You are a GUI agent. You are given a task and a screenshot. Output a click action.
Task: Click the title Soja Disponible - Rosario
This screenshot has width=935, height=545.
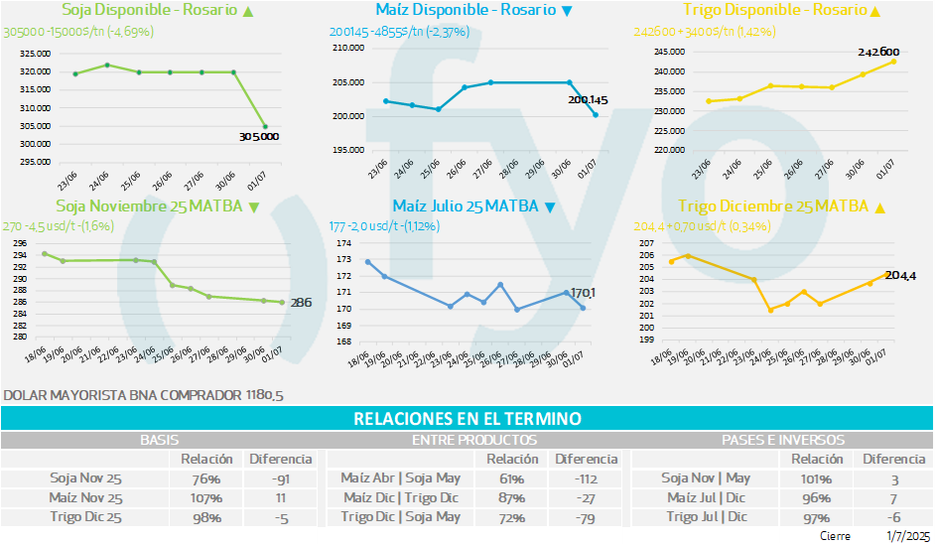click(149, 10)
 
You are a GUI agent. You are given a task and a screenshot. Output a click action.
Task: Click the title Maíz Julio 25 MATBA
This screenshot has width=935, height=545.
click(465, 206)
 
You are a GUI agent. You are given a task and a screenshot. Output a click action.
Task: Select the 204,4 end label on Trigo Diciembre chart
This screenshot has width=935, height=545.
click(900, 275)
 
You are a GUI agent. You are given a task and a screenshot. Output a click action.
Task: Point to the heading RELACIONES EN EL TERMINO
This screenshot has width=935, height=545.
click(467, 419)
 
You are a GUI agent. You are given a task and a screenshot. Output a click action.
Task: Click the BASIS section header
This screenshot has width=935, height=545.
click(159, 439)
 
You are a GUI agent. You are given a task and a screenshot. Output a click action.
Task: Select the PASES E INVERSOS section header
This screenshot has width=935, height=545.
click(784, 439)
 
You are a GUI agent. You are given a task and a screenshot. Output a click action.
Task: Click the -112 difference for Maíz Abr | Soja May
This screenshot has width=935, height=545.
click(585, 477)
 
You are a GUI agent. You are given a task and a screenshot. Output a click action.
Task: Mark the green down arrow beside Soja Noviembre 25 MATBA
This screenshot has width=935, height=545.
click(254, 207)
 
